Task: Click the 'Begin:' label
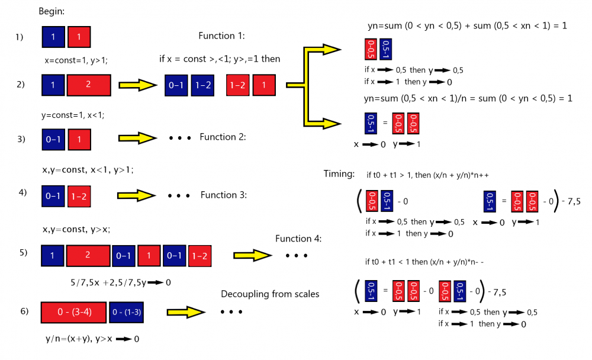tap(52, 11)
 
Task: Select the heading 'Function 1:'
tap(221, 36)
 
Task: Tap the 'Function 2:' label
tap(223, 137)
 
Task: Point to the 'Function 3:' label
tap(223, 195)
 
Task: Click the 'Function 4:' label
tap(298, 239)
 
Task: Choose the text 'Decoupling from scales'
tap(270, 294)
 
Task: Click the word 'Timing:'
tap(339, 174)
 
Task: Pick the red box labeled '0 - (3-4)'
tap(73, 311)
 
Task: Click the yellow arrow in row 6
tap(186, 311)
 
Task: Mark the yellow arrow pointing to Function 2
tap(137, 138)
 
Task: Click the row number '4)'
tap(22, 193)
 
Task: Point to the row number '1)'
tap(19, 37)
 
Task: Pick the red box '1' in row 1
tap(79, 37)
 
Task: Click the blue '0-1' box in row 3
tap(53, 139)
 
